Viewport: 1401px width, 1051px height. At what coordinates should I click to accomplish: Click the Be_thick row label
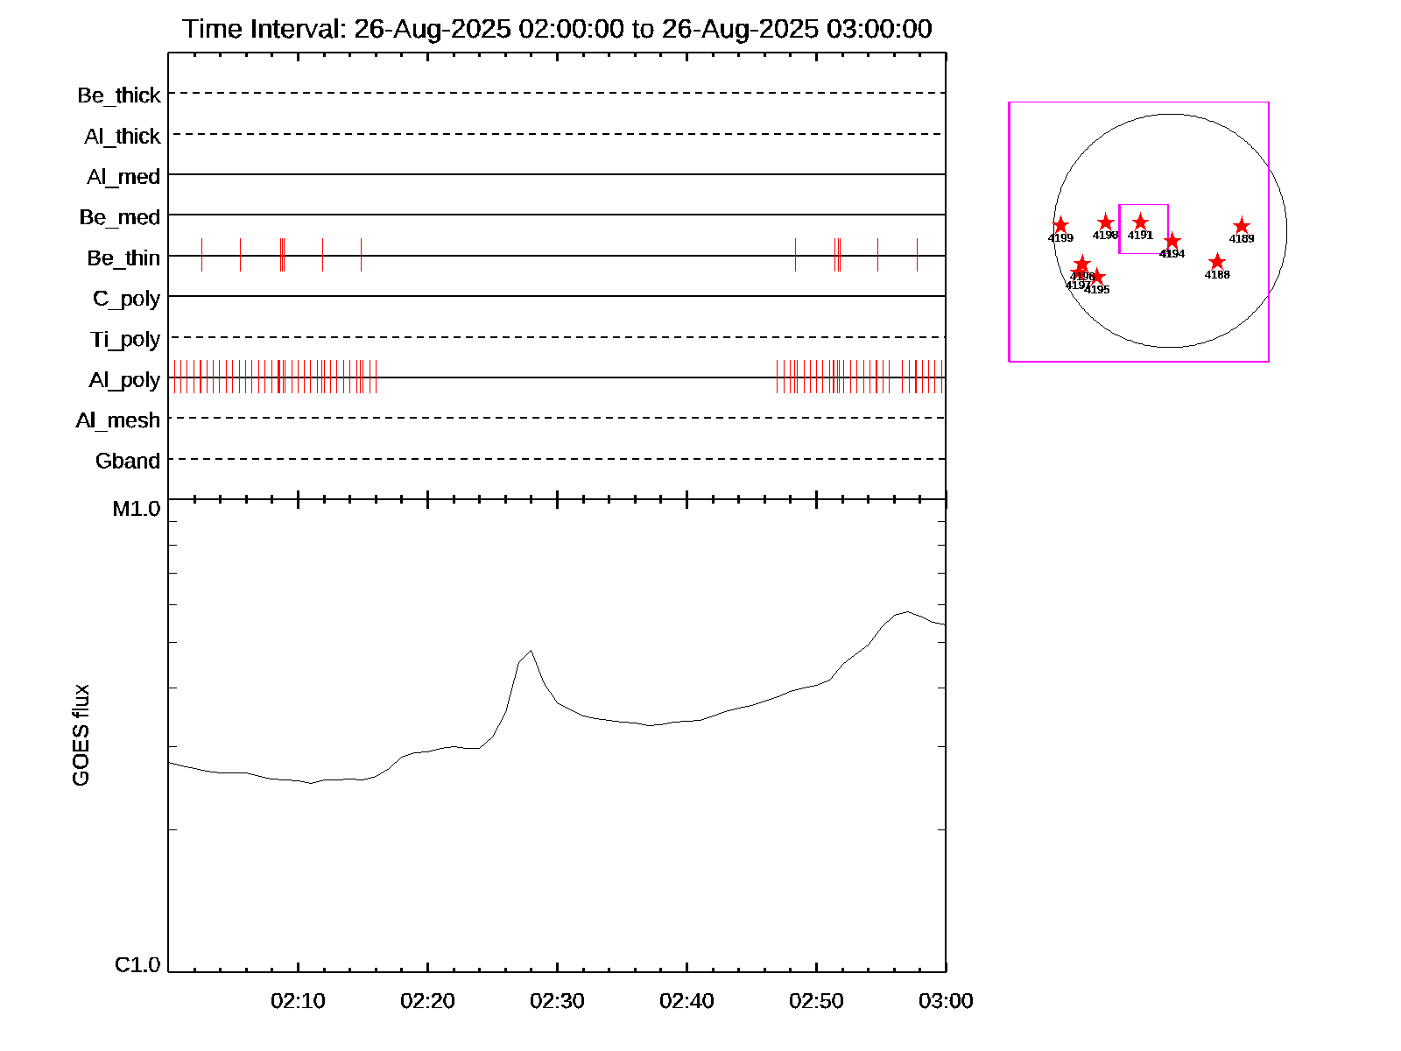coord(119,95)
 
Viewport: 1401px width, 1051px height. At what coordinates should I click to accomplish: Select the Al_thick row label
coord(123,137)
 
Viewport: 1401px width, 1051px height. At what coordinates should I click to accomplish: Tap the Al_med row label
coord(123,177)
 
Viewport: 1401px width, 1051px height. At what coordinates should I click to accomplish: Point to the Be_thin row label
coord(123,258)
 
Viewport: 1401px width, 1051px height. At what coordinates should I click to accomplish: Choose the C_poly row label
coord(126,299)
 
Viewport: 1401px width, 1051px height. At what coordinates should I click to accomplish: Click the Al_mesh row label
coord(118,420)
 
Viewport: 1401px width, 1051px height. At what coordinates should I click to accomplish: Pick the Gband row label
coord(128,462)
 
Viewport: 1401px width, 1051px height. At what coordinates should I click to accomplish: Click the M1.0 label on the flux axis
coord(137,509)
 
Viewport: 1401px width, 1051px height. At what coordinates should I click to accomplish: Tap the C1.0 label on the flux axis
coord(137,965)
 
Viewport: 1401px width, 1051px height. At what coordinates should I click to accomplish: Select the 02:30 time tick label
coord(557,1001)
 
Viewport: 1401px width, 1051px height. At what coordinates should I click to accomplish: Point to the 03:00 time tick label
coord(946,1001)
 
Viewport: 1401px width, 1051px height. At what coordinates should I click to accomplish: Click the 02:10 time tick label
coord(298,1001)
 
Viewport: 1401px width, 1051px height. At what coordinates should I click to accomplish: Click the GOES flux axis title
coord(81,736)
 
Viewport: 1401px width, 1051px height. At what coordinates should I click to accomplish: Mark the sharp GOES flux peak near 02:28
coord(532,651)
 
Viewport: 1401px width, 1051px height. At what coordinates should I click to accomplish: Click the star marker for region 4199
coord(1060,225)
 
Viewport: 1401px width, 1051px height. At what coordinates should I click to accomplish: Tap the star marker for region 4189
coord(1242,226)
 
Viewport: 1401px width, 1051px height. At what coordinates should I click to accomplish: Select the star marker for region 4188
coord(1217,262)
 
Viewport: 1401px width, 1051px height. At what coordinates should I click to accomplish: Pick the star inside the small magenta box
coord(1140,222)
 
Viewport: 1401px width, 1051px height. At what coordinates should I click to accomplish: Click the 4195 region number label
coord(1097,290)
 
